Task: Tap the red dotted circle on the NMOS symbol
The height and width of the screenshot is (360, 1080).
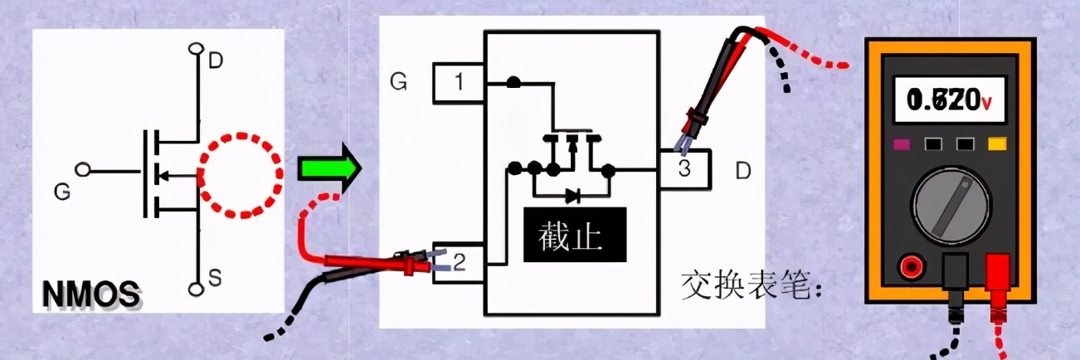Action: coord(236,175)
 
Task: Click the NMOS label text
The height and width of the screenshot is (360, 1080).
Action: coord(90,296)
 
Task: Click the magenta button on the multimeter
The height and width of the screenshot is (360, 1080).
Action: coord(902,145)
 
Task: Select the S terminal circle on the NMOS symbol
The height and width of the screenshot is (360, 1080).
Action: coord(197,289)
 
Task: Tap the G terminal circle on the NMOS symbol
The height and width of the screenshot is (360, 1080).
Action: coord(82,170)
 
